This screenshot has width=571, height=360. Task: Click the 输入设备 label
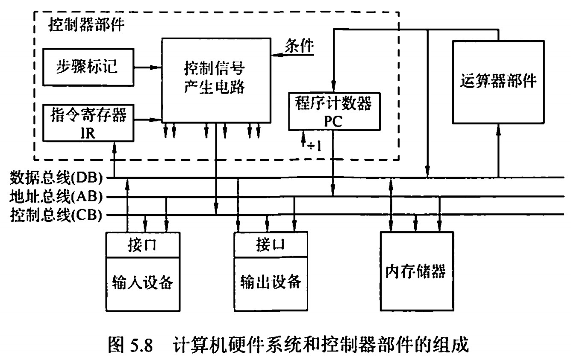(142, 283)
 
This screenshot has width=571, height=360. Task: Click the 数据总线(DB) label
(56, 176)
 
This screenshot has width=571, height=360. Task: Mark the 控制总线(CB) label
(56, 215)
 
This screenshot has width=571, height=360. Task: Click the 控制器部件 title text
(87, 25)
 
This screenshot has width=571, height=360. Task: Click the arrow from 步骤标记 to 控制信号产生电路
(147, 67)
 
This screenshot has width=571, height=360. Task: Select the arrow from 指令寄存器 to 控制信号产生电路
(147, 119)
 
